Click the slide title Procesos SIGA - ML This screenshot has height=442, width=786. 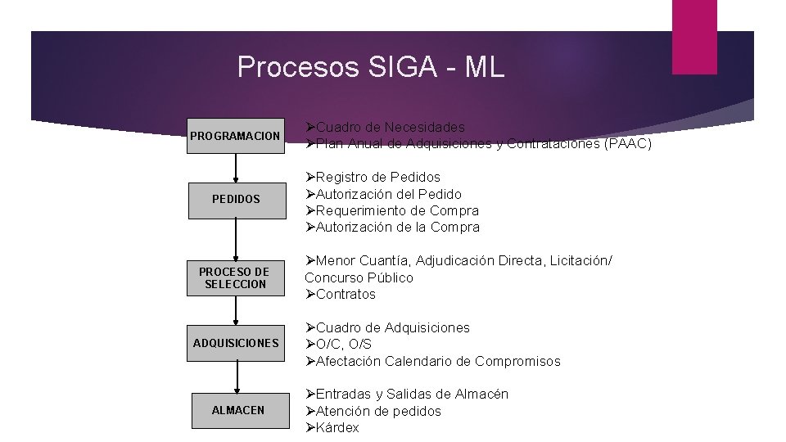[x=370, y=67]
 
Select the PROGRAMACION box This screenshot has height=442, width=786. [x=237, y=135]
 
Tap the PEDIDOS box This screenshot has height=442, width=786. [x=237, y=199]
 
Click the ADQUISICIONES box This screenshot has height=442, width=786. [x=237, y=343]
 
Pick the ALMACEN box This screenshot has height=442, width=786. [x=238, y=410]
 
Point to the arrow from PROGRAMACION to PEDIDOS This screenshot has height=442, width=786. [x=237, y=167]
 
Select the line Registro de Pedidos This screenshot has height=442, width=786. [x=377, y=178]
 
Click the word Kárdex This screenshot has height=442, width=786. [x=337, y=428]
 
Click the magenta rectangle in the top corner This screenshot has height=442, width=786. [x=694, y=36]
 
